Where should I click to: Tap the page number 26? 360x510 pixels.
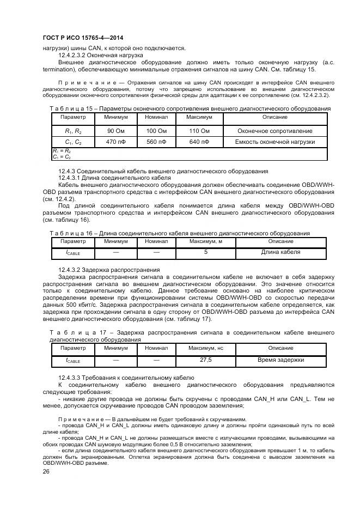pyautogui.click(x=46, y=471)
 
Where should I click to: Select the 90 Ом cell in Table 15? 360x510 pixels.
pyautogui.click(x=116, y=131)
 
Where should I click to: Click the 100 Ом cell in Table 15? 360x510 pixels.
pyautogui.click(x=156, y=131)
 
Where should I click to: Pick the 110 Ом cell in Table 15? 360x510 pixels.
pyautogui.click(x=199, y=131)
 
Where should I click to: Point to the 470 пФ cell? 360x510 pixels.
pyautogui.click(x=116, y=142)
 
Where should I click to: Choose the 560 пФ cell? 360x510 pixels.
pyautogui.click(x=156, y=142)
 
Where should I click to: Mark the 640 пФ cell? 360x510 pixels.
pyautogui.click(x=199, y=142)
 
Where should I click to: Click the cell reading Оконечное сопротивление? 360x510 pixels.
pyautogui.click(x=275, y=131)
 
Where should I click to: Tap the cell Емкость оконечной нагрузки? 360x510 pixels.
pyautogui.click(x=275, y=142)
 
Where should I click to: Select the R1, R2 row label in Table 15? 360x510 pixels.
pyautogui.click(x=73, y=131)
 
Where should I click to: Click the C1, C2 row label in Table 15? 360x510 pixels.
pyautogui.click(x=73, y=142)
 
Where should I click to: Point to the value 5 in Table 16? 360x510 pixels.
pyautogui.click(x=206, y=252)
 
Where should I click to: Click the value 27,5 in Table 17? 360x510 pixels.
pyautogui.click(x=206, y=360)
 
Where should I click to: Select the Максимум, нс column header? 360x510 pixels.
pyautogui.click(x=206, y=348)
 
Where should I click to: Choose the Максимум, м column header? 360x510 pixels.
pyautogui.click(x=206, y=241)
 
